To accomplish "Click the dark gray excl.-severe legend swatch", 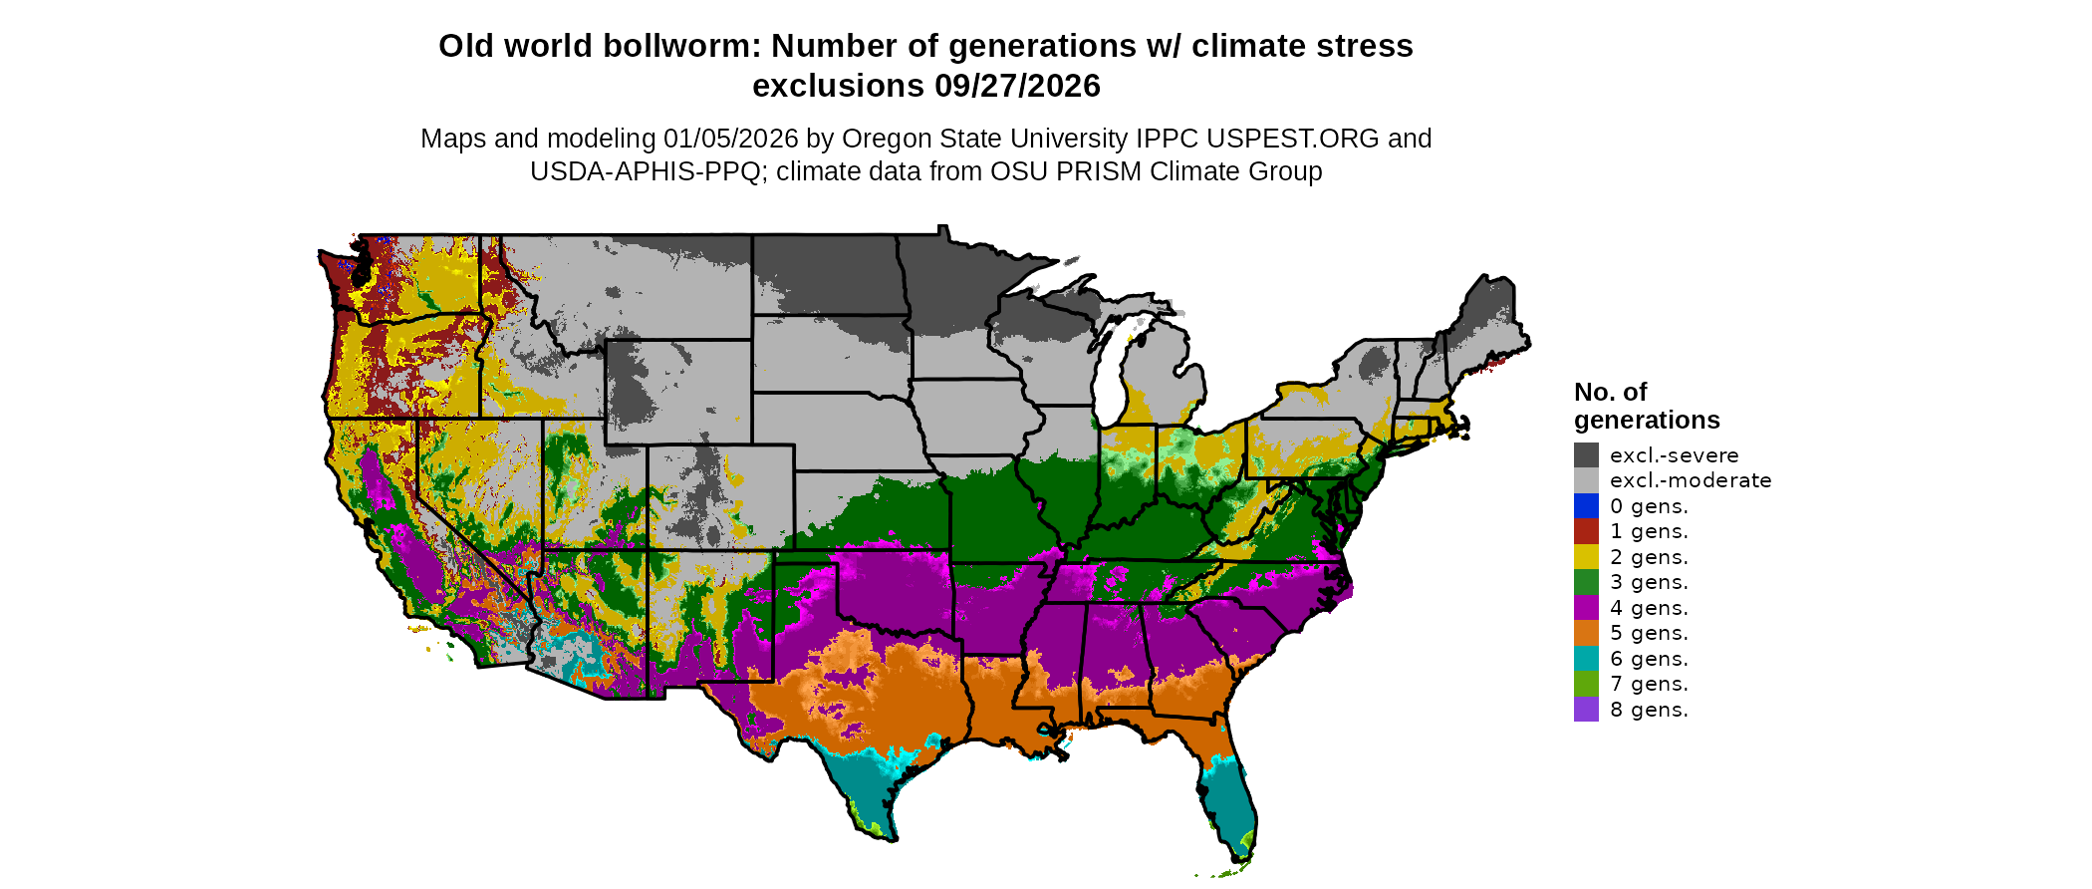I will (1586, 455).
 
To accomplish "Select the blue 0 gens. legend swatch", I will (1586, 506).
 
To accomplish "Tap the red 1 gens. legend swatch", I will (1586, 531).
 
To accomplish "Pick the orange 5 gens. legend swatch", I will (1586, 633).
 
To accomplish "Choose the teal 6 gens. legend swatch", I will (1586, 659).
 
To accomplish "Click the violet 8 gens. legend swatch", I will (1586, 710).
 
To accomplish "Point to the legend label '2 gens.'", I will (1649, 557).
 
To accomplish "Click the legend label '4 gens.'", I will (1649, 608).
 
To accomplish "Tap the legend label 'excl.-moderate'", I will (1691, 480).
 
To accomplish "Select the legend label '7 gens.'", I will (1649, 684).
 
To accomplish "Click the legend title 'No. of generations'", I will (1646, 406).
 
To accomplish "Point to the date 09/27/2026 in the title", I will (1017, 87).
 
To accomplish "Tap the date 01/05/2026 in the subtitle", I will (730, 139).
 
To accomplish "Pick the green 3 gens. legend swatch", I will (1586, 582).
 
